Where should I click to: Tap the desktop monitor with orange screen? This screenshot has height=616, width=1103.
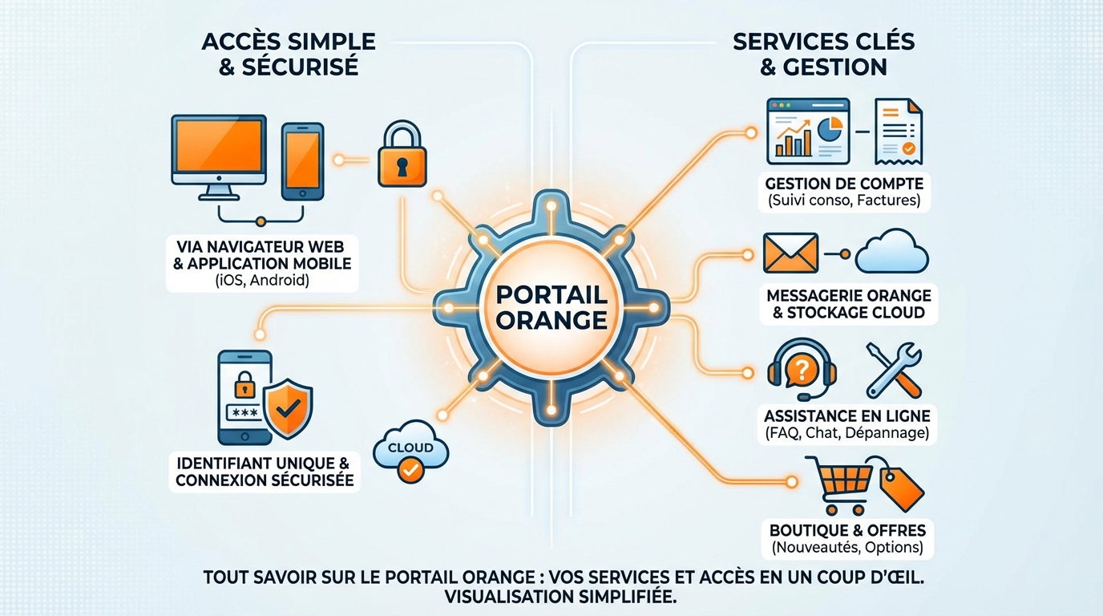218,152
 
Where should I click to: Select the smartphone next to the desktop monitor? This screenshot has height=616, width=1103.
302,160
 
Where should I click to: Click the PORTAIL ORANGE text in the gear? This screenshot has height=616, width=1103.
551,307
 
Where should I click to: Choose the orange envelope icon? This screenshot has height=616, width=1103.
790,253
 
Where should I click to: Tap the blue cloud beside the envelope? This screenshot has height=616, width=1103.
891,253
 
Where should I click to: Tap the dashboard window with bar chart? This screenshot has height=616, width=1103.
807,131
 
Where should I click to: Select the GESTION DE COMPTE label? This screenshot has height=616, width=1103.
844,184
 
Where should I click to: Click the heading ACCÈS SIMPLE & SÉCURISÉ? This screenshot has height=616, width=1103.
289,55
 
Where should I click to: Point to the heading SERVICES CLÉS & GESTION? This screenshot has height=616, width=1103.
823,55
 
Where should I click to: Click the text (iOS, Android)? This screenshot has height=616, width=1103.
262,281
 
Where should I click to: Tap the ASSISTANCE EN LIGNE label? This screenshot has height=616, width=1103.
846,415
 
